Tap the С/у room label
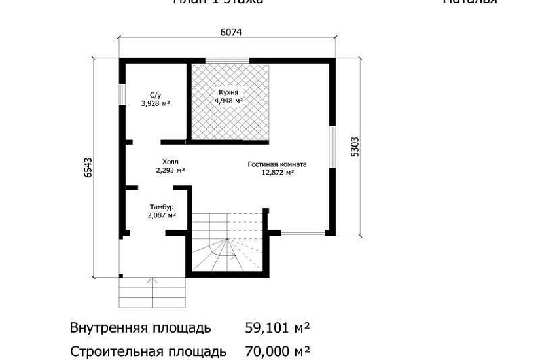coord(156,95)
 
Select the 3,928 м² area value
coord(156,103)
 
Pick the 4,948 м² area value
coord(229,101)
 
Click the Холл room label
coord(170,161)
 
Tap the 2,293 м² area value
coord(170,170)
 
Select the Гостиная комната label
coord(278,164)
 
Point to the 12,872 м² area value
coord(278,173)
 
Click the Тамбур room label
coord(161,206)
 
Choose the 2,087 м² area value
coord(161,215)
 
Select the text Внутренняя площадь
coord(141,327)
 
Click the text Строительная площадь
coord(149,351)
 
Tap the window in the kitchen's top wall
coord(228,61)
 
